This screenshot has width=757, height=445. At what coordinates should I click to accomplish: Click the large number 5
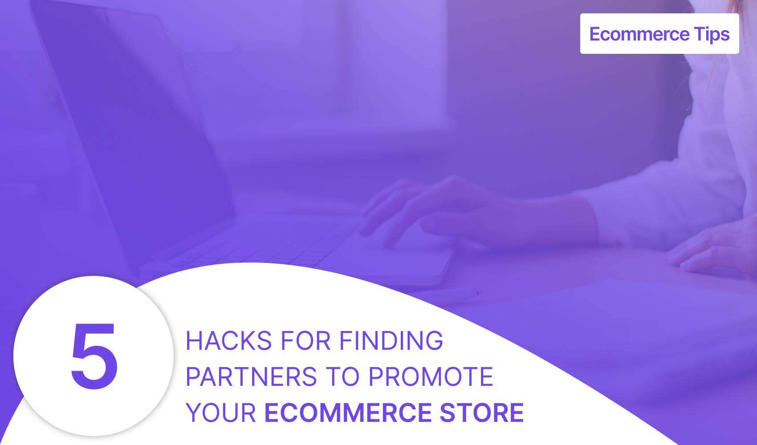[x=94, y=356]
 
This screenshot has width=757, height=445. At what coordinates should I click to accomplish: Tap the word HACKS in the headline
[x=229, y=341]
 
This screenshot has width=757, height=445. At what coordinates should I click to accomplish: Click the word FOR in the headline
[x=305, y=341]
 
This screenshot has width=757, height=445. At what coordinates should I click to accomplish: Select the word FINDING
[x=391, y=341]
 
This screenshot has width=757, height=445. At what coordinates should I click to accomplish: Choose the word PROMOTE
[x=431, y=377]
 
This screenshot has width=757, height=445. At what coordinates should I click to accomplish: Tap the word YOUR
[x=221, y=413]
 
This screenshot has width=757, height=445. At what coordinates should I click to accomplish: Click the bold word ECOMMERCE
[x=348, y=413]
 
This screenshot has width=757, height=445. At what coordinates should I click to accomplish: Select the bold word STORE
[x=482, y=413]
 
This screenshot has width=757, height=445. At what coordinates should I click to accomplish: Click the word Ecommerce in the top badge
[x=639, y=34]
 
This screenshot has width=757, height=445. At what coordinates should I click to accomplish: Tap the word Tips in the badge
[x=712, y=34]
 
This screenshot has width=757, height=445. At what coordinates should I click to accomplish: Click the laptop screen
[x=132, y=128]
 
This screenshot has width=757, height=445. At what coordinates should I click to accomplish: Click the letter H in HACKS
[x=194, y=341]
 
